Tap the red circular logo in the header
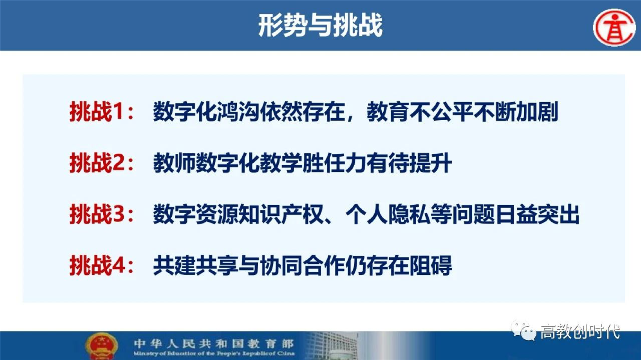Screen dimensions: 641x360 click(614, 27)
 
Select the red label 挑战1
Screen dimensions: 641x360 click(98, 112)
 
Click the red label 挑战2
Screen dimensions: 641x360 click(98, 163)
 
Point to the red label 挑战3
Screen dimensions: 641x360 click(98, 214)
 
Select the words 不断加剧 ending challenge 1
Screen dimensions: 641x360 click(516, 112)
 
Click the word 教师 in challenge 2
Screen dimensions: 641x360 click(174, 163)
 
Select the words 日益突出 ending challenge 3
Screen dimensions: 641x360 click(537, 214)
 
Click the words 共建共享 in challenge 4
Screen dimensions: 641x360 click(195, 265)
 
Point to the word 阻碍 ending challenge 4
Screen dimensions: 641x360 click(430, 265)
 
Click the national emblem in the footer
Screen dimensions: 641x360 click(101, 346)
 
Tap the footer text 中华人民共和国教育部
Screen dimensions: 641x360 click(213, 343)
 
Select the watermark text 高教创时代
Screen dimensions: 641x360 click(580, 332)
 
